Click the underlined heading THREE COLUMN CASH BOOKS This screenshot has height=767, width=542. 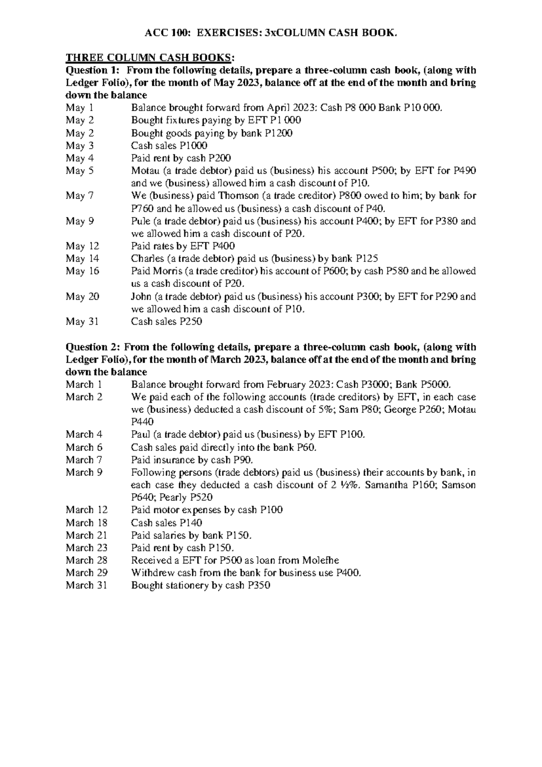pos(150,57)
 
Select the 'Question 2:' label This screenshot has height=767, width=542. pos(93,347)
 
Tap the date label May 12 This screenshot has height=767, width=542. pos(82,246)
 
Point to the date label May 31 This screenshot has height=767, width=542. pos(82,322)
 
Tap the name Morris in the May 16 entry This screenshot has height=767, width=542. pos(164,271)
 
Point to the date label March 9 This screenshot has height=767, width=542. pos(84,473)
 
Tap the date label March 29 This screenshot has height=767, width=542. pos(86,573)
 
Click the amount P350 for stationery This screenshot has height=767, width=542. pos(259,585)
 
